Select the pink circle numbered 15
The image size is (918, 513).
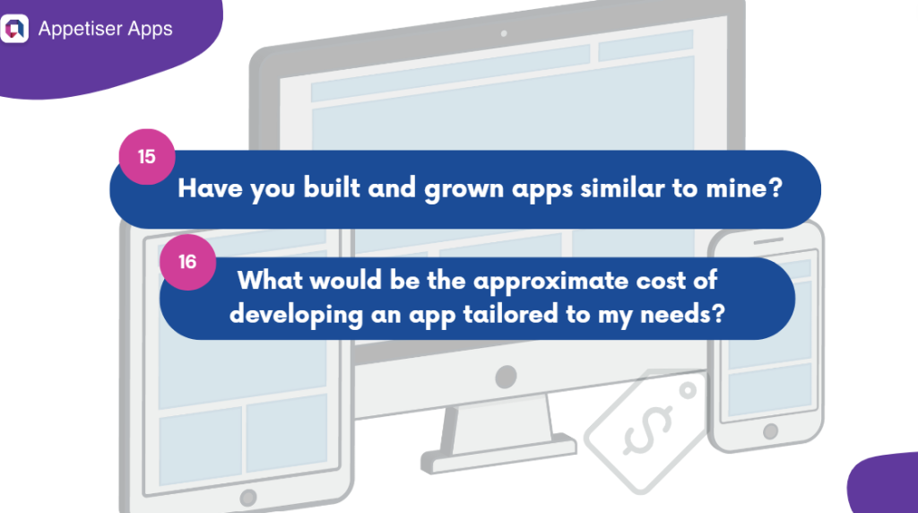[x=146, y=157]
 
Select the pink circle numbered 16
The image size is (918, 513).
[x=186, y=263]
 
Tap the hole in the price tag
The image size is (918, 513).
[x=687, y=391]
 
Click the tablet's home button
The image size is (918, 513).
[x=247, y=496]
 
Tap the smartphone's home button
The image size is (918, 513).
[x=769, y=431]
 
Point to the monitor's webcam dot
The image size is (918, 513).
[x=505, y=33]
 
